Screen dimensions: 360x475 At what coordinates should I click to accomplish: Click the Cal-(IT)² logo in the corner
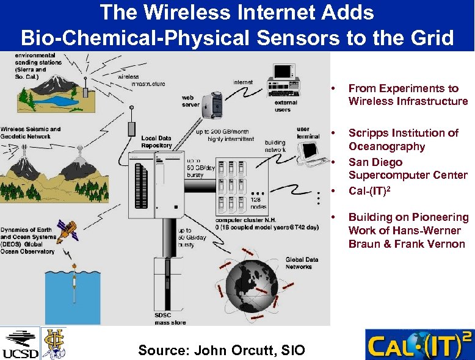(x=419, y=345)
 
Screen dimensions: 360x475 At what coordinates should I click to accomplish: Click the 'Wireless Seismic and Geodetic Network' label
(x=31, y=133)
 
